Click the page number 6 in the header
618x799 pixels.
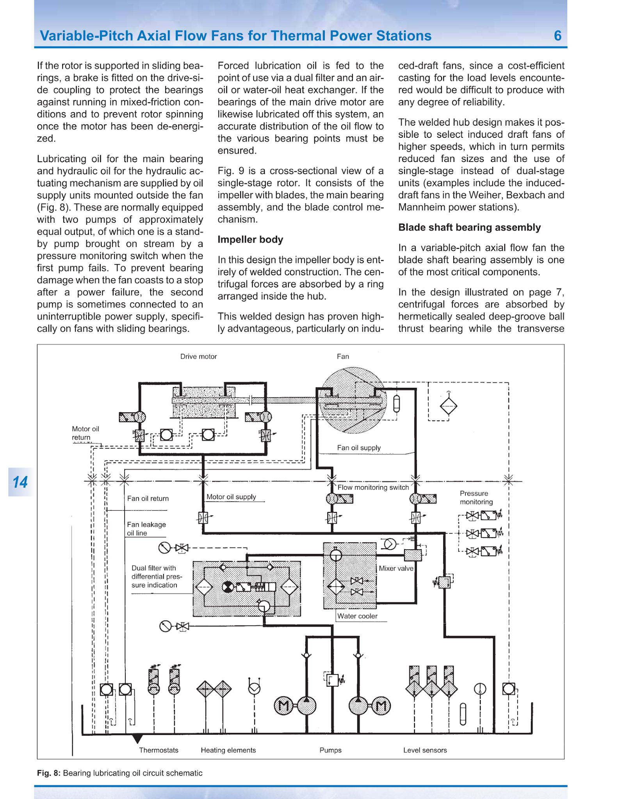pos(557,36)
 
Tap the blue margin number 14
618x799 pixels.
pos(20,482)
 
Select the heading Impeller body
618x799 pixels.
pos(250,240)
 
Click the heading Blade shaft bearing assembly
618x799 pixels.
pos(469,227)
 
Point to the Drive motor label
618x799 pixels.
pos(198,357)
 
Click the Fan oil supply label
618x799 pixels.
pos(359,448)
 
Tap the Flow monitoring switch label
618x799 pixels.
pos(373,487)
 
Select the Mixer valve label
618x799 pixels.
pos(396,568)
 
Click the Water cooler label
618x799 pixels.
pos(357,616)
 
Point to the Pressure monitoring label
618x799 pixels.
pos(476,498)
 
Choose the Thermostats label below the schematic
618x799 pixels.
pos(159,750)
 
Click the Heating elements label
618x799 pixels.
pos(228,750)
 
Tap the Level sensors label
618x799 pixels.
pos(425,750)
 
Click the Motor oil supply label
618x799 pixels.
pos(231,497)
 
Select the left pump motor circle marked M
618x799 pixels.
pos(284,706)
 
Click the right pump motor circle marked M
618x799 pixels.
pos(381,706)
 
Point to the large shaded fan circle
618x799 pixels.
pos(353,400)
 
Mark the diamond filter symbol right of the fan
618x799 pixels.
pos(448,406)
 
